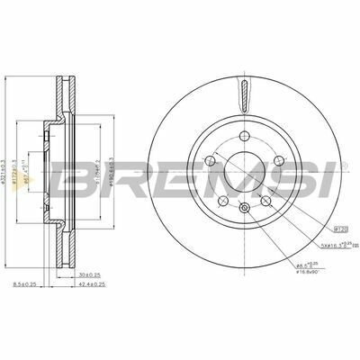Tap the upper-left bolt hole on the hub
click(x=211, y=160)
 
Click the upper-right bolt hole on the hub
click(x=277, y=160)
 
